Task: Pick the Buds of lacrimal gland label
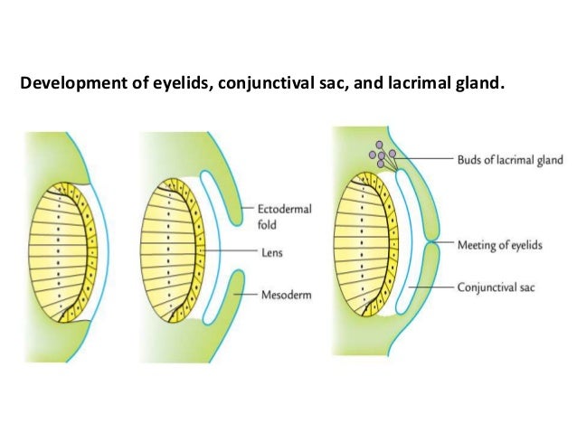512,160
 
